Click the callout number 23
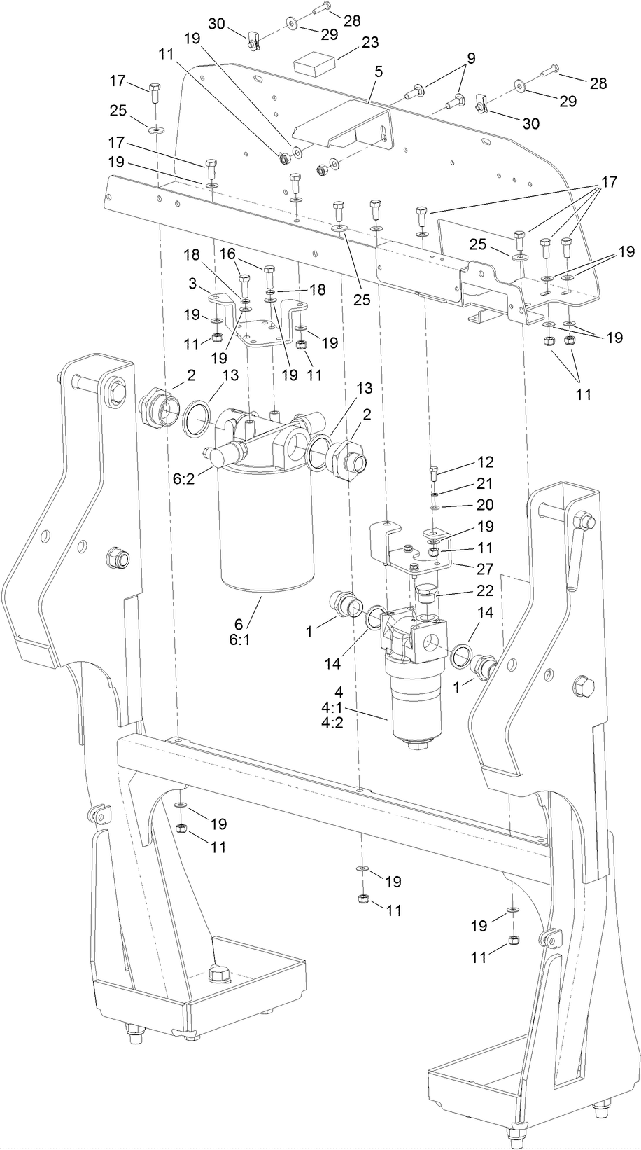tap(369, 42)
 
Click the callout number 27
tap(484, 569)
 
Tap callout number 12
tap(484, 462)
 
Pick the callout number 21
tap(484, 483)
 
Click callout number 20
tap(484, 504)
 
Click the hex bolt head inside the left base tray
tap(218, 974)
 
